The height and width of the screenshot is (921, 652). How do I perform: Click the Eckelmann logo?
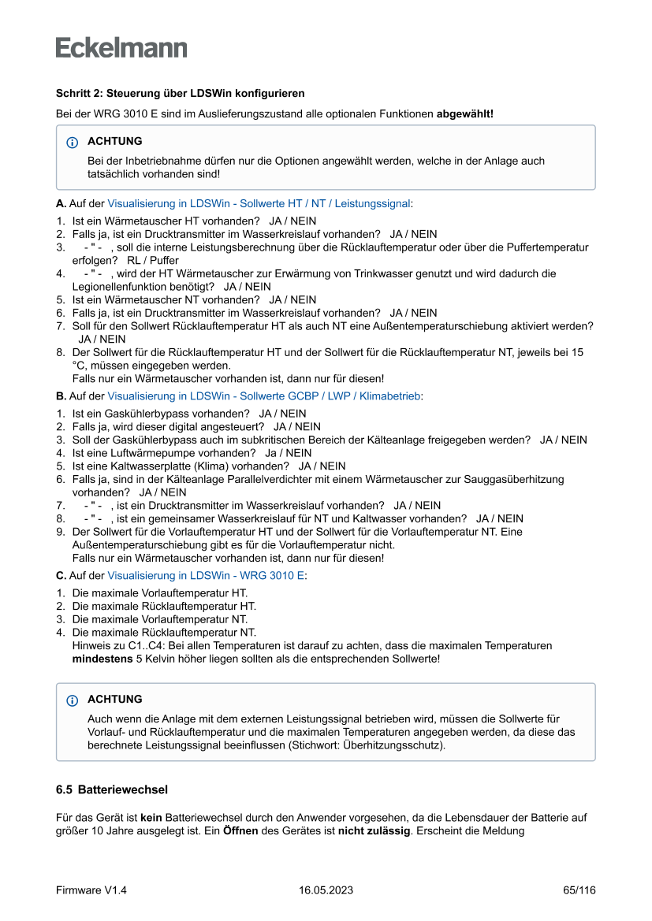[121, 48]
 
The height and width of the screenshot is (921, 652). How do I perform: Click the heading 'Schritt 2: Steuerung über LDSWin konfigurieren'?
[180, 94]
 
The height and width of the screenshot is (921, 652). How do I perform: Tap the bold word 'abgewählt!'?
[464, 114]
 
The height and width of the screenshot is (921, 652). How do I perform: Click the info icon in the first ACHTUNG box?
[73, 143]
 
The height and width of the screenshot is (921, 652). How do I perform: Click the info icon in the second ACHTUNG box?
[73, 700]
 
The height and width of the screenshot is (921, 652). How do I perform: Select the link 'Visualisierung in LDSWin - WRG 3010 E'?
[206, 575]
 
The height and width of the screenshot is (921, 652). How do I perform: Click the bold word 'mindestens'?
[102, 658]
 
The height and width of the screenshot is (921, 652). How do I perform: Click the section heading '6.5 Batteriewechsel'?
[112, 789]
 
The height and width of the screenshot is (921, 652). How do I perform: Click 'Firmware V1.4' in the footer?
[91, 890]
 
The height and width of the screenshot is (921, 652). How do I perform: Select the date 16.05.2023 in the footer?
[326, 890]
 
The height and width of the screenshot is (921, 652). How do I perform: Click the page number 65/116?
[579, 890]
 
